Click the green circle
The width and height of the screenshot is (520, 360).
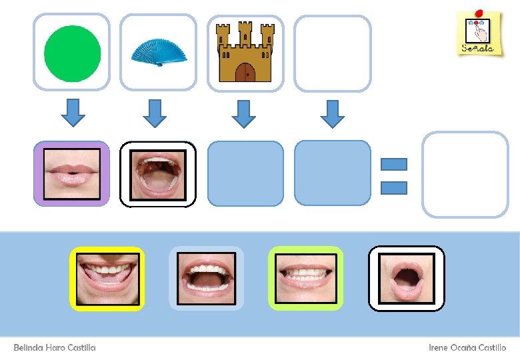click(x=72, y=53)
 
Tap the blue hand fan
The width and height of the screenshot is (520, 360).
click(x=158, y=53)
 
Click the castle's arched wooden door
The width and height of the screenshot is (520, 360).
click(x=245, y=72)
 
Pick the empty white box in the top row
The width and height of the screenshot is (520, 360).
click(x=332, y=53)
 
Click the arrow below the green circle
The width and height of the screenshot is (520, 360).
click(x=73, y=113)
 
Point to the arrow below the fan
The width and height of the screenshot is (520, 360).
click(x=155, y=113)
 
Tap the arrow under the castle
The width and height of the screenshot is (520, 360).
click(x=243, y=113)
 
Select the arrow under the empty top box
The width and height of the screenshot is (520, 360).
click(x=332, y=113)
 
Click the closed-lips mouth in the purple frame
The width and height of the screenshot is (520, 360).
click(x=71, y=173)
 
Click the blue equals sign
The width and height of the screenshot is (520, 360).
click(x=393, y=176)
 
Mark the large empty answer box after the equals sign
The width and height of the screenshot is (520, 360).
click(x=465, y=175)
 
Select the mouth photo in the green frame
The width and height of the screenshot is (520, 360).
click(x=305, y=278)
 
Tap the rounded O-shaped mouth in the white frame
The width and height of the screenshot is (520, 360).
click(x=406, y=278)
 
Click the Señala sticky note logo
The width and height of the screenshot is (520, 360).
click(x=479, y=33)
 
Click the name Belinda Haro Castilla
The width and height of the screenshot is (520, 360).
click(x=55, y=348)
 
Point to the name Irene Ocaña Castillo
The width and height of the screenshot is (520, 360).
click(x=467, y=348)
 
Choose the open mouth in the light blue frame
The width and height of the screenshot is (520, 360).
click(x=206, y=278)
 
